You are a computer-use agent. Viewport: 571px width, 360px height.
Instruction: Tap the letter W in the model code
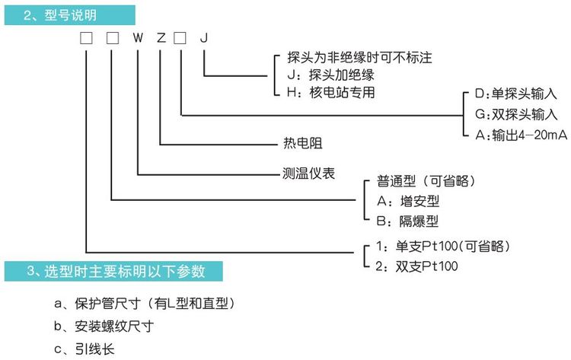click(138, 37)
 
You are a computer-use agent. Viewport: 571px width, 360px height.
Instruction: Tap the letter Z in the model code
click(160, 37)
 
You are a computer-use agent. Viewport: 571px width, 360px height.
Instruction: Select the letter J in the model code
click(203, 37)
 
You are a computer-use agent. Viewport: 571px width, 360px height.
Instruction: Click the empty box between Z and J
click(181, 37)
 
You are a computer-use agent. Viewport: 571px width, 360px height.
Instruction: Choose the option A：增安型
click(408, 201)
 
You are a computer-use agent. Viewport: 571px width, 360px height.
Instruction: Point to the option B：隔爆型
click(408, 221)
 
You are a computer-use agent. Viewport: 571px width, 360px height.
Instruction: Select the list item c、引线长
click(85, 349)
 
